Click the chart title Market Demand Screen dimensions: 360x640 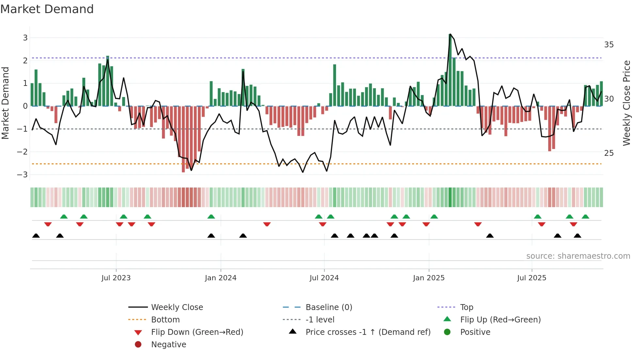(47, 9)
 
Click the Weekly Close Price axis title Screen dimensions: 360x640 (626, 103)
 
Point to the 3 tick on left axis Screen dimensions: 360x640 (25, 38)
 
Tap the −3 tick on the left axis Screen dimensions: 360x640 (23, 174)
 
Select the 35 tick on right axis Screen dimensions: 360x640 (609, 44)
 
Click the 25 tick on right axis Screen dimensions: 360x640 (609, 153)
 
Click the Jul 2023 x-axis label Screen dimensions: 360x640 (116, 278)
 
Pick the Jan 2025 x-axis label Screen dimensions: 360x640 (428, 278)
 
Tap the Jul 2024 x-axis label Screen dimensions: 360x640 (324, 278)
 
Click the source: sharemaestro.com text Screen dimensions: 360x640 (578, 256)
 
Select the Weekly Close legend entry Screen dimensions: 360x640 (177, 307)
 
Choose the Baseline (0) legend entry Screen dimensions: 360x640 (328, 307)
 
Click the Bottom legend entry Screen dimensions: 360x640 (165, 319)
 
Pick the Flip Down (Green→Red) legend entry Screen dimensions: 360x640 (197, 332)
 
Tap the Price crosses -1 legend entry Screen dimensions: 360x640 (368, 332)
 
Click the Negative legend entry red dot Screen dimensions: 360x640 (138, 344)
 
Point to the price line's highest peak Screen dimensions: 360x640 (450, 34)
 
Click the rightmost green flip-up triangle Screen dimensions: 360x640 (585, 217)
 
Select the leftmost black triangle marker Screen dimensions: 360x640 (36, 236)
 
